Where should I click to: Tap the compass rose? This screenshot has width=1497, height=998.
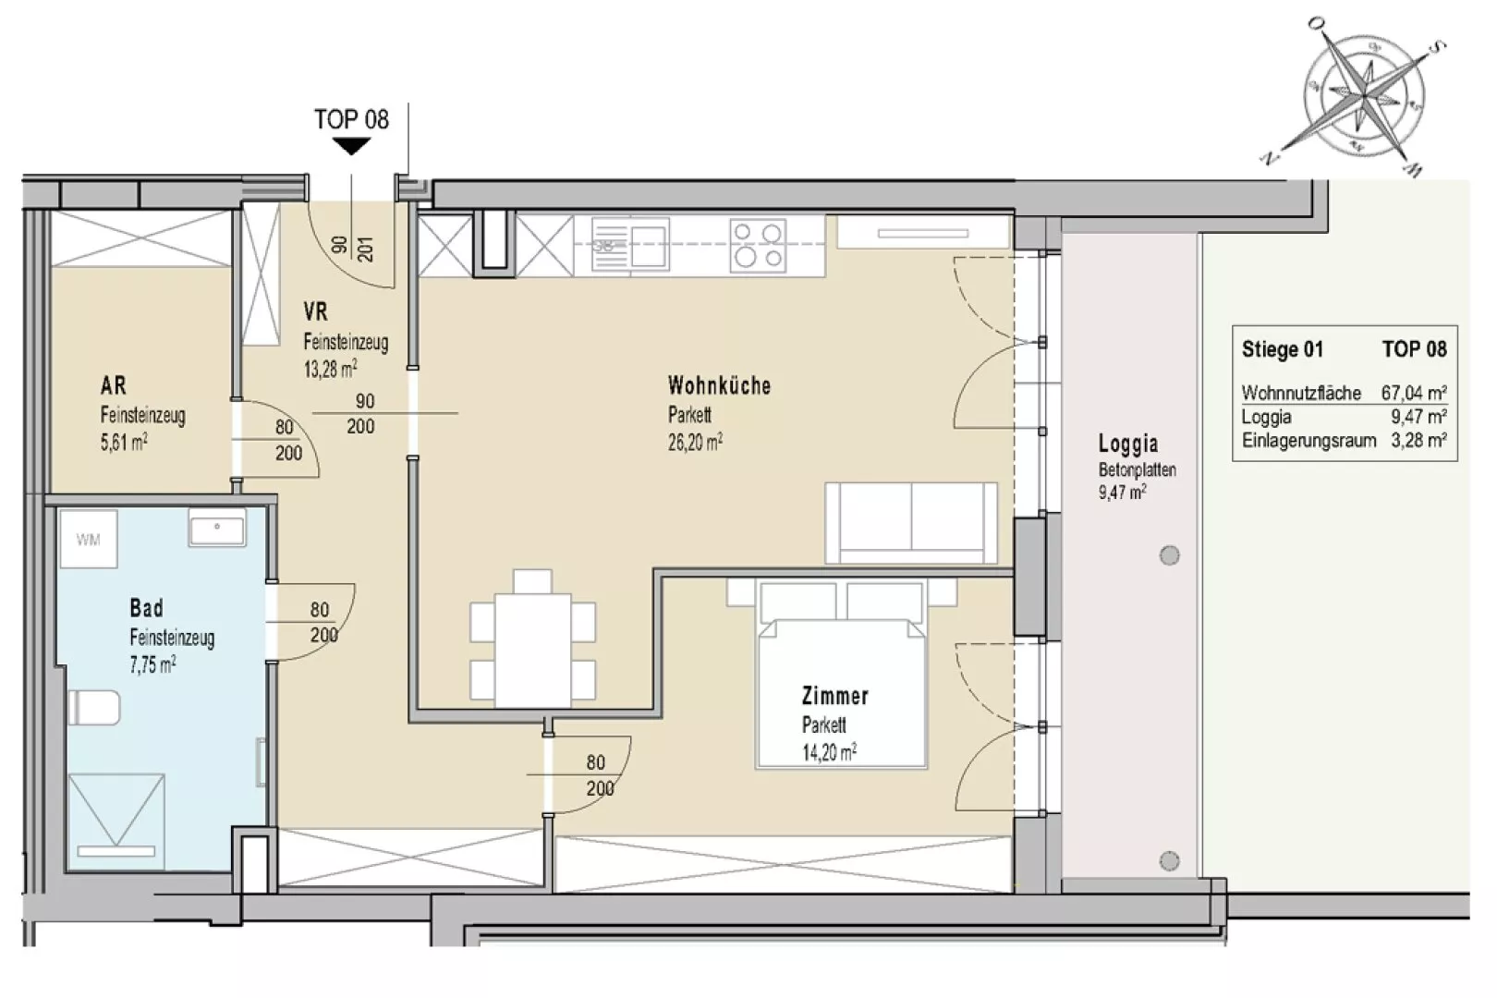click(x=1363, y=98)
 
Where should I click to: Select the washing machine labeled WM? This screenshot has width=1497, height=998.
click(x=89, y=540)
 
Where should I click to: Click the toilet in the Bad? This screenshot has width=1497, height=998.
click(x=93, y=707)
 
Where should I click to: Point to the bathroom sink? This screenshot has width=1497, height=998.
click(x=216, y=528)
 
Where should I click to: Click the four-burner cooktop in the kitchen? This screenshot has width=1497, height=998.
click(x=758, y=246)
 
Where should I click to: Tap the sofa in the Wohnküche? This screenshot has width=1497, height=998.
click(x=911, y=523)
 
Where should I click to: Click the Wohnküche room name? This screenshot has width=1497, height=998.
click(x=719, y=385)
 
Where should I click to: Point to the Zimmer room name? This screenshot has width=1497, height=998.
click(x=835, y=696)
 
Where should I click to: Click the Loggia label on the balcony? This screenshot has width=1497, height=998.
click(x=1128, y=443)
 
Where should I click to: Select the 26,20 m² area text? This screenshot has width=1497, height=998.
click(x=695, y=442)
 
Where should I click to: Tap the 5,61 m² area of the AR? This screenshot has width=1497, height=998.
click(x=124, y=443)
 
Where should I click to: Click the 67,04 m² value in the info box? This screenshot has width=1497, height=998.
click(x=1414, y=392)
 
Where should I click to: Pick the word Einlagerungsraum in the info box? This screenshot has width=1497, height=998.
click(x=1309, y=441)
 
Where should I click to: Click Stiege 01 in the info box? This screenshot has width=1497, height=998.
click(x=1283, y=349)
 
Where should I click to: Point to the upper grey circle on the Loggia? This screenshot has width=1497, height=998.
click(x=1170, y=555)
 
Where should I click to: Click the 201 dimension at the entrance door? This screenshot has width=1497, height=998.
click(x=366, y=249)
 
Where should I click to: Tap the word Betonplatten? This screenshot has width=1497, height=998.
click(x=1137, y=470)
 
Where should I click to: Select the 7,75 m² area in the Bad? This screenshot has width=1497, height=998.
click(x=153, y=664)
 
